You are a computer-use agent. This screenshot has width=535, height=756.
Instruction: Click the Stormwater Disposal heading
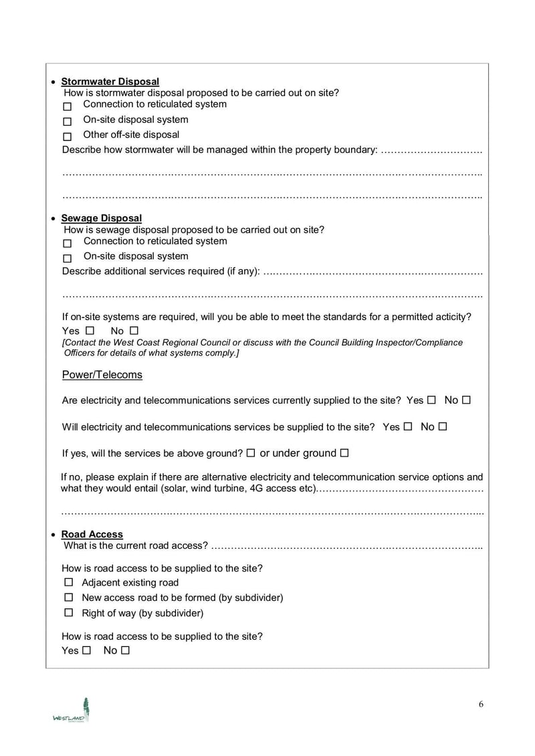tap(110, 82)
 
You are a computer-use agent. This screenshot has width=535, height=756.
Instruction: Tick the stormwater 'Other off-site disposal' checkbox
tap(67, 137)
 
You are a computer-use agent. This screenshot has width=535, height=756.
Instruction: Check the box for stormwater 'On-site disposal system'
tap(67, 122)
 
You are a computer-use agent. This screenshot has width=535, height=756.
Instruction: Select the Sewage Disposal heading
tap(101, 218)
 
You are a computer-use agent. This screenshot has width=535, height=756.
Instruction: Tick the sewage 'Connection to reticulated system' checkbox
tap(67, 243)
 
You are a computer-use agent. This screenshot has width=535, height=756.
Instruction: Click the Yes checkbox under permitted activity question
tap(90, 330)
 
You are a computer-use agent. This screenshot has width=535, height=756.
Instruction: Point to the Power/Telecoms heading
tap(102, 374)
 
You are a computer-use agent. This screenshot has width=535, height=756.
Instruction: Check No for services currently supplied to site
tap(466, 400)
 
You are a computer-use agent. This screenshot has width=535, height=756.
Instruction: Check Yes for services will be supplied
tap(407, 426)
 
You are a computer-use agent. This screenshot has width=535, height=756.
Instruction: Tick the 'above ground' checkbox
tap(250, 453)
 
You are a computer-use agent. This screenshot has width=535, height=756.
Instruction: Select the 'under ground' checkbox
tap(344, 453)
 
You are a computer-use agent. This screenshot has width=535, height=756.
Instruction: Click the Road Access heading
tap(92, 534)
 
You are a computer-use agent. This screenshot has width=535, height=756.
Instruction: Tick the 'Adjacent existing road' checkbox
tap(68, 582)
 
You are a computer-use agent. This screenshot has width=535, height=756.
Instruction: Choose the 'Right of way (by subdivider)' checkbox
tap(68, 612)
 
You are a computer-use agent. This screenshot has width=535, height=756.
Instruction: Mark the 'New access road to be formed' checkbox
tap(68, 597)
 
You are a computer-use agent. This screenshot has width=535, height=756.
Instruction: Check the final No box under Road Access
tap(125, 650)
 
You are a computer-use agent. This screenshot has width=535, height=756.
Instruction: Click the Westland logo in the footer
tap(72, 711)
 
